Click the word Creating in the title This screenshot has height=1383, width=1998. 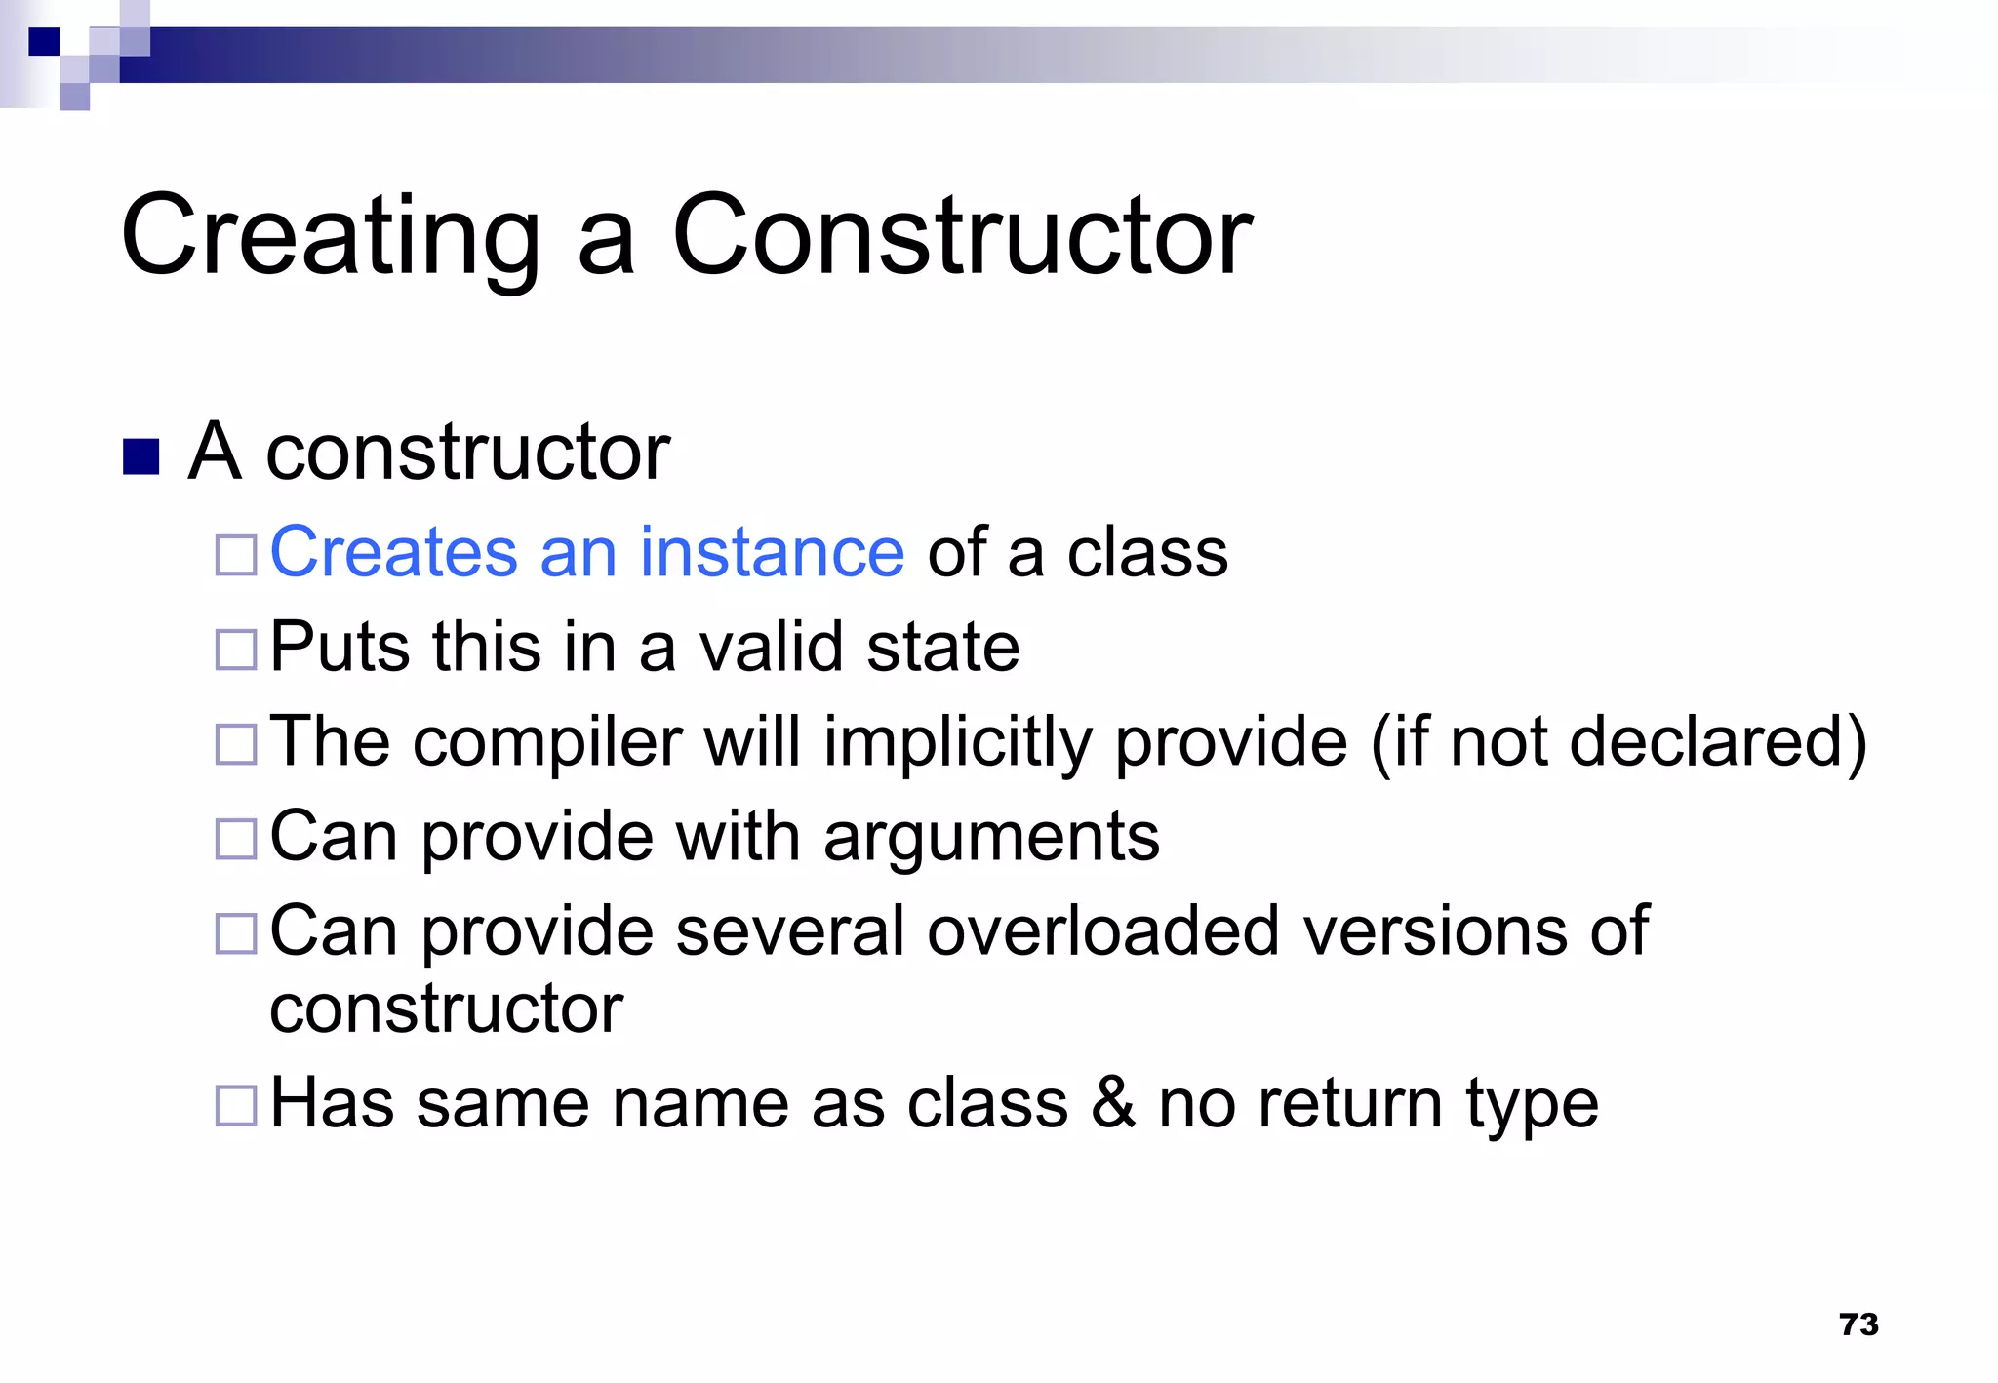(330, 237)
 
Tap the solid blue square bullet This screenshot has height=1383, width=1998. (141, 456)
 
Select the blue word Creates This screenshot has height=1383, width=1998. (392, 552)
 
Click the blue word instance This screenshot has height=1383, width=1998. (772, 552)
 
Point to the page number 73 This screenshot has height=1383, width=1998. (1858, 1324)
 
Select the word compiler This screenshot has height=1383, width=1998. (547, 743)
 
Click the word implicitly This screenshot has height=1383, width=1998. (957, 743)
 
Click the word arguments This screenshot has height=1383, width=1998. (991, 837)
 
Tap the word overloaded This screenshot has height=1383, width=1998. (1102, 931)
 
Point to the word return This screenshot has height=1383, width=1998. (1350, 1104)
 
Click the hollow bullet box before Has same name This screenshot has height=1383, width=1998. (235, 1106)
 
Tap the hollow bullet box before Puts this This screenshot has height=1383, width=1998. (235, 650)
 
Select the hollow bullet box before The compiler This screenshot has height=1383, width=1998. (235, 744)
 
